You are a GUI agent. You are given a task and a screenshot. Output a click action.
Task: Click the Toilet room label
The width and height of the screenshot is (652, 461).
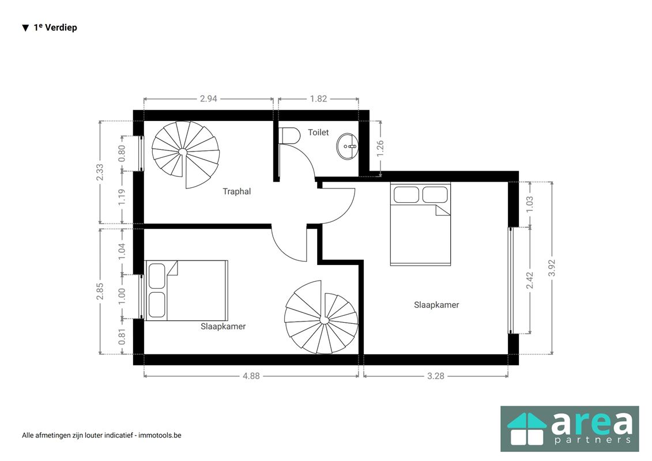click(318, 133)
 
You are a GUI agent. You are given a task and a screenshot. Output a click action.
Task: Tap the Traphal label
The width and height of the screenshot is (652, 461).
click(236, 191)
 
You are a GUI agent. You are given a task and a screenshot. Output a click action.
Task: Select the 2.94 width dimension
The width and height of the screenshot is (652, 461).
click(208, 99)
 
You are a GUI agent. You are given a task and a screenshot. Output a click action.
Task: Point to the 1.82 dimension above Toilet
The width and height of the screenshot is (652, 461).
click(318, 99)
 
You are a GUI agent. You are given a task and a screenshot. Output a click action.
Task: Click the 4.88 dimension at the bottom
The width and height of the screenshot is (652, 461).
click(250, 376)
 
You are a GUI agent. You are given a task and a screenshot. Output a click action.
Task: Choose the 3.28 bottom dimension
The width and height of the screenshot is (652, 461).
click(436, 376)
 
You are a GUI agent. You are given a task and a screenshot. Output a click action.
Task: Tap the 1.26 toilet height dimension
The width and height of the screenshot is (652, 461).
click(380, 148)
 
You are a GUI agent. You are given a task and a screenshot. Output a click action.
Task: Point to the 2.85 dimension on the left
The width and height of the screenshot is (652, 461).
click(100, 291)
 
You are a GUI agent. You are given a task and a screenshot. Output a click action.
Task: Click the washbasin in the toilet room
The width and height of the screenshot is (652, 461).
click(348, 146)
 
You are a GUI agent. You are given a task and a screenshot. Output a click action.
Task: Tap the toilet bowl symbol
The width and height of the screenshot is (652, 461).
click(290, 135)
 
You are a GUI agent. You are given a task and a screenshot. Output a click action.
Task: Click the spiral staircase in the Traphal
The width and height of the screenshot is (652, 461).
click(185, 153)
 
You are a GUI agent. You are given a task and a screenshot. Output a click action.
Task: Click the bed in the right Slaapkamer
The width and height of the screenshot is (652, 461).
click(420, 224)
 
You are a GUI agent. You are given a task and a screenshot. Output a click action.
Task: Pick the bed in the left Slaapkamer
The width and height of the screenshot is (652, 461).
click(186, 290)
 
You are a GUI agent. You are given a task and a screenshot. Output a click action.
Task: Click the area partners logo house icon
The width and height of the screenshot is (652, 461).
click(526, 429)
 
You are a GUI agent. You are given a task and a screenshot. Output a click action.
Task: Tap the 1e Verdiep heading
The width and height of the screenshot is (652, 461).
click(55, 27)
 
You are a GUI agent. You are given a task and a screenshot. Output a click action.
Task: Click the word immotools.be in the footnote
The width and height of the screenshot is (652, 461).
click(159, 435)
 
